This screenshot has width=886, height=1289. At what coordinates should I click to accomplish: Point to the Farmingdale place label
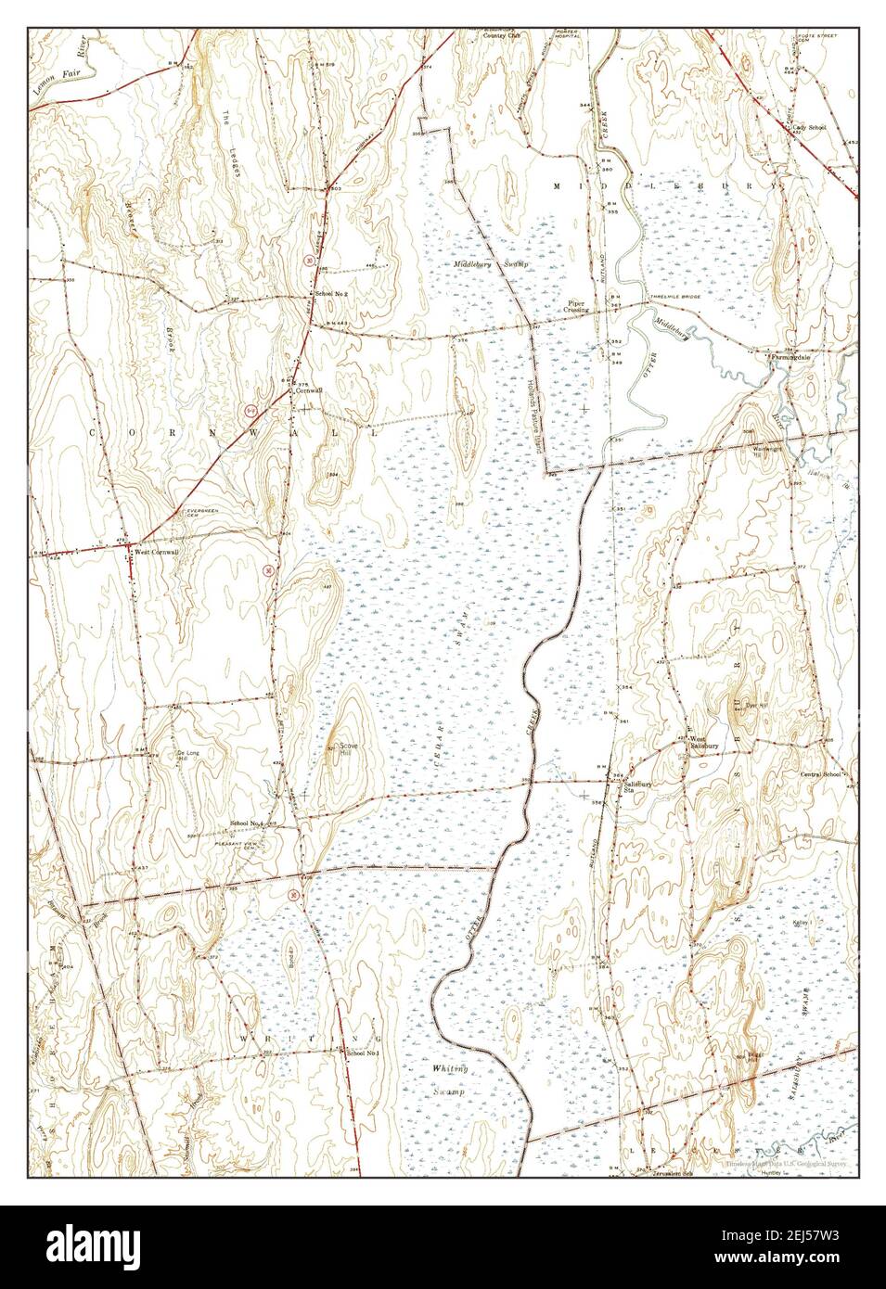[794, 354]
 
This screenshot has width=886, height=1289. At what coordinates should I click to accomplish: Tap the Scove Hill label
[349, 748]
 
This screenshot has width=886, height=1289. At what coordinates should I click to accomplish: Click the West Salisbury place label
[703, 742]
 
